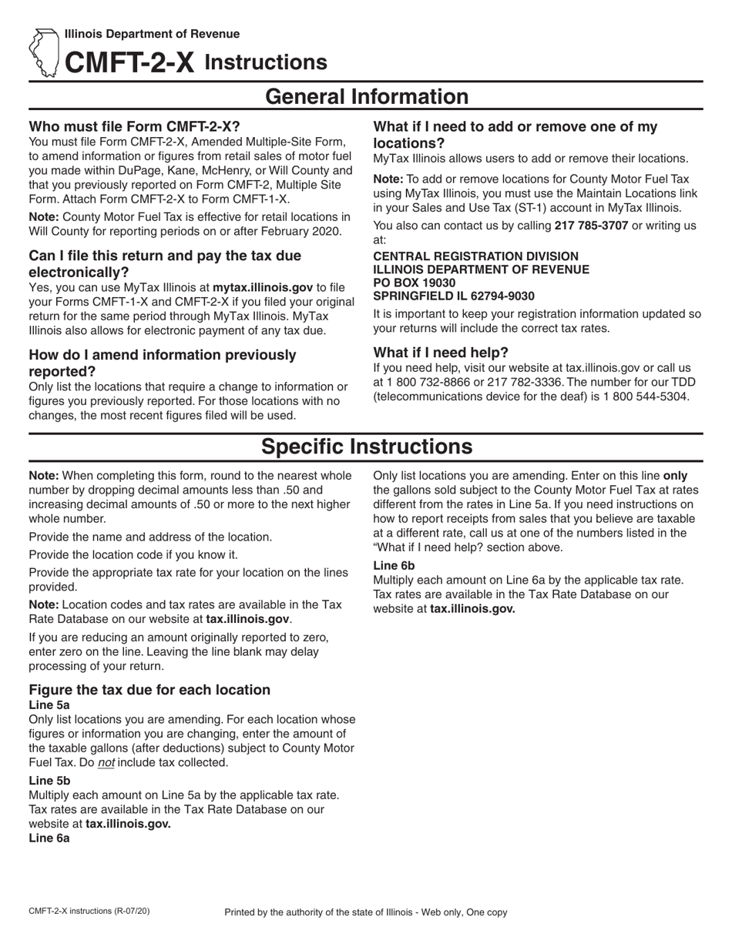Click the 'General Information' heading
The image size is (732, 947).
(366, 97)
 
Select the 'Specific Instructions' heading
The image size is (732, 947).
(366, 447)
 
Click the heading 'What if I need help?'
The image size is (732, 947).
(441, 353)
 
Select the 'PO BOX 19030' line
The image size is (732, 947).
(414, 283)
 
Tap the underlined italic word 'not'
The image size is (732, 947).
(106, 763)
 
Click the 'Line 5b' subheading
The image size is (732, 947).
(49, 780)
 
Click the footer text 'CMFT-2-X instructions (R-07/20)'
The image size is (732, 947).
(89, 911)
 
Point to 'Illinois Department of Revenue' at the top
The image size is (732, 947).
(152, 34)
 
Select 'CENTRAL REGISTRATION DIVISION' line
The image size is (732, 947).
(475, 256)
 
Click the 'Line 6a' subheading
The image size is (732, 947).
(49, 838)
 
